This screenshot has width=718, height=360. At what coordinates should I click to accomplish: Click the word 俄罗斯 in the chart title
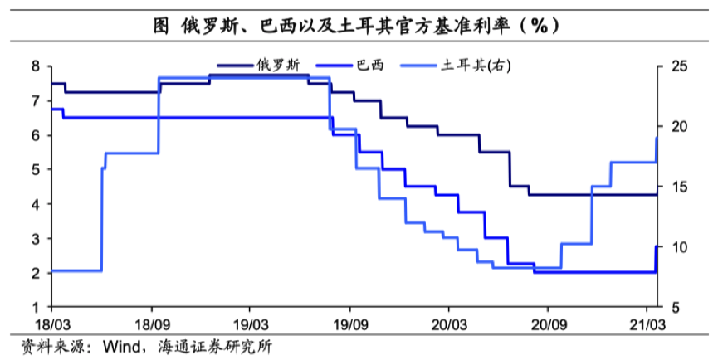coord(212,25)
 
